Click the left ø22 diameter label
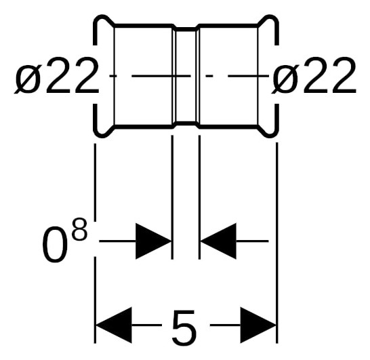pyautogui.click(x=56, y=75)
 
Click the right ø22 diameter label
pyautogui.click(x=314, y=75)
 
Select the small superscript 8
pyautogui.click(x=80, y=230)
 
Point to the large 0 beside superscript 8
pyautogui.click(x=55, y=245)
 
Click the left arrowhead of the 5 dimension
pyautogui.click(x=114, y=325)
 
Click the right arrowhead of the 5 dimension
pyautogui.click(x=258, y=325)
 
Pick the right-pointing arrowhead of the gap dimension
pyautogui.click(x=153, y=241)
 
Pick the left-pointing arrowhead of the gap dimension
pyautogui.click(x=218, y=241)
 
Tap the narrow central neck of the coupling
pyautogui.click(x=186, y=76)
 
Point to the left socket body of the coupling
pyautogui.click(x=143, y=76)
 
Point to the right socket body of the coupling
pyautogui.click(x=228, y=76)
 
